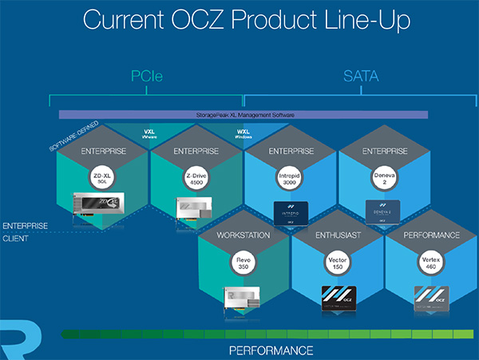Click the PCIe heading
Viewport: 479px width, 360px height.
[147, 77]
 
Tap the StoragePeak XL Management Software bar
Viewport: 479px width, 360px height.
[243, 115]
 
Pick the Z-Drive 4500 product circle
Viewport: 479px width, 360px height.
[196, 179]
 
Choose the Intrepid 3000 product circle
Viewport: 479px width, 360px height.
[290, 179]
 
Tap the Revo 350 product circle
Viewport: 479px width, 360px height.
[243, 264]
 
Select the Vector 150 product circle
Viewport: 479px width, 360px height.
[337, 264]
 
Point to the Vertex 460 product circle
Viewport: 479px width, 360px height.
[431, 264]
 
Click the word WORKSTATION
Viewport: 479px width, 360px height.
[243, 235]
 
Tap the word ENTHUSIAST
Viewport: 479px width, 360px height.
[337, 235]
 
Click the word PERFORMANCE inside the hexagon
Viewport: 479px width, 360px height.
[431, 235]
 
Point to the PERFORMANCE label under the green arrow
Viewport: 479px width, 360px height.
[271, 350]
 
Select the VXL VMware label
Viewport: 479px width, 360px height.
[149, 134]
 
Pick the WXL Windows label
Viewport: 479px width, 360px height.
[243, 134]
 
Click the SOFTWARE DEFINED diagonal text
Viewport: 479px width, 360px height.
[73, 136]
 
